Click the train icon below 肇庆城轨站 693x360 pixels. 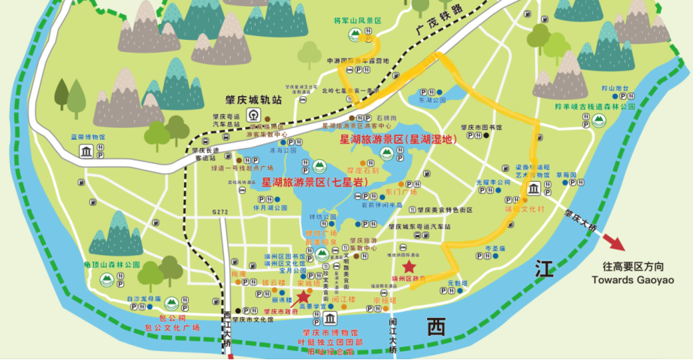tap(255, 116)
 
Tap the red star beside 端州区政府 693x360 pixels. tap(409, 266)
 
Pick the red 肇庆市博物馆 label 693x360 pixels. tap(327, 332)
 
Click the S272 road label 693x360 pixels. tap(219, 213)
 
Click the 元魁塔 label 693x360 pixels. tap(458, 283)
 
